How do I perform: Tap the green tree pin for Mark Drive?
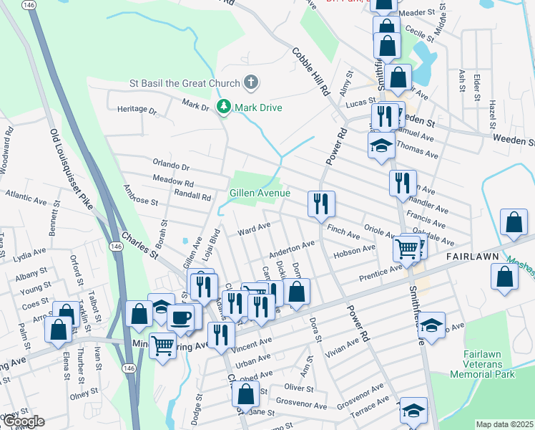224,107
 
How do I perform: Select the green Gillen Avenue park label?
260,193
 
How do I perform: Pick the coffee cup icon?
181,317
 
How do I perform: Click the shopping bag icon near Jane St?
246,394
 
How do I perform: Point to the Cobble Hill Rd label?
310,72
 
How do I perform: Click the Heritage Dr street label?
137,110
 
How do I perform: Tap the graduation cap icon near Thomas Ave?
382,145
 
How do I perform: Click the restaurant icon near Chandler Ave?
403,183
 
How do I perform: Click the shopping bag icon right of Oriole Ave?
514,223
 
